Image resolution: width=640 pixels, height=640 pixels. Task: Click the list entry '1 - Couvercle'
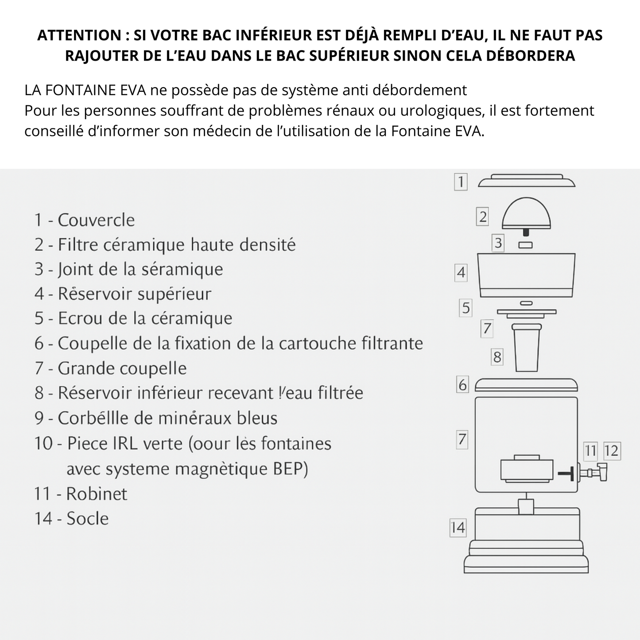click(x=85, y=220)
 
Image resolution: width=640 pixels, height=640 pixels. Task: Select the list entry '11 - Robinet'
click(x=81, y=494)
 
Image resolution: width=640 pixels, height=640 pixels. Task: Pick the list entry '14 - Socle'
click(x=71, y=519)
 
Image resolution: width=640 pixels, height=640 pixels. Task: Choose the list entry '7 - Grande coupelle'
click(x=111, y=368)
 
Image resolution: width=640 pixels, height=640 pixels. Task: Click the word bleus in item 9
click(x=256, y=418)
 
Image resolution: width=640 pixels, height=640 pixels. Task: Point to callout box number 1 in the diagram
click(x=461, y=182)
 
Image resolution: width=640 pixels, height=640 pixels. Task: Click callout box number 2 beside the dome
click(x=483, y=217)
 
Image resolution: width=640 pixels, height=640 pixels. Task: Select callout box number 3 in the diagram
click(x=498, y=243)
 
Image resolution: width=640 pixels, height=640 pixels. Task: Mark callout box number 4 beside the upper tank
click(x=461, y=272)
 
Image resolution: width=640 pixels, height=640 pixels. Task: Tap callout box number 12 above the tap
click(x=611, y=451)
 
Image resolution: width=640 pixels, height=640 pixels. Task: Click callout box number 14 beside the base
click(x=458, y=528)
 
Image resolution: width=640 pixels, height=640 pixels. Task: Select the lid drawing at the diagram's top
click(x=527, y=182)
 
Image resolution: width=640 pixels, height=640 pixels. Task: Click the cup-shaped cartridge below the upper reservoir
click(x=526, y=348)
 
